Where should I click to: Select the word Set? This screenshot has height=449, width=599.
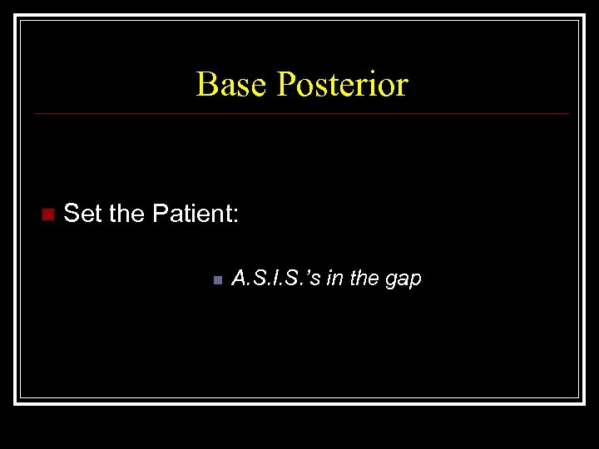point(82,215)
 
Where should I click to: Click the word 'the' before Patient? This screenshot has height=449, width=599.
point(126,215)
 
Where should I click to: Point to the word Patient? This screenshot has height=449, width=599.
point(191,215)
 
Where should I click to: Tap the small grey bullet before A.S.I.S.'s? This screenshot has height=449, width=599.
point(215,279)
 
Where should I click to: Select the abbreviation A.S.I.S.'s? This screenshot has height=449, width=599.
point(275,279)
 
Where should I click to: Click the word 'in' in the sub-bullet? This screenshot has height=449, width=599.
point(333,279)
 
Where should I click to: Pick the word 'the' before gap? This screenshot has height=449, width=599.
point(362,279)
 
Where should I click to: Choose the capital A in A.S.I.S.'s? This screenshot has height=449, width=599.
point(239,279)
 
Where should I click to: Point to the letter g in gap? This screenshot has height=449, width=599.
point(390,281)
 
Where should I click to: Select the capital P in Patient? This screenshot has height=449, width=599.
point(161,215)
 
